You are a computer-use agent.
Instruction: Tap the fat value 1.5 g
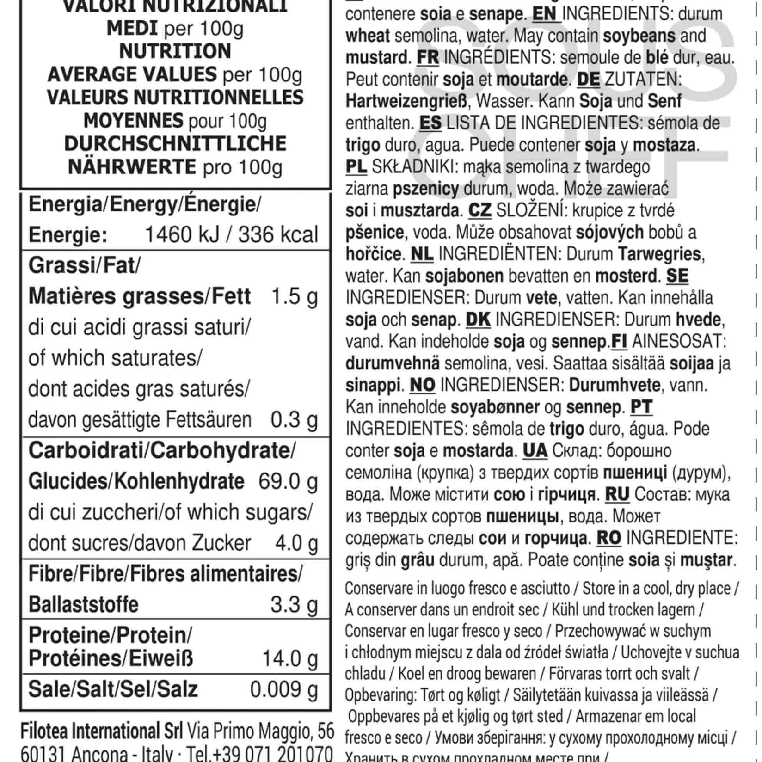[294, 296]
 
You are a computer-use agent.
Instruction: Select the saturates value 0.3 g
[294, 420]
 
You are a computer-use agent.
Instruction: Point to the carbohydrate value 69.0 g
[288, 481]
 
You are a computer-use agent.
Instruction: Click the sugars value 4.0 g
[296, 543]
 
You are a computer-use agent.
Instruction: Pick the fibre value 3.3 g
[294, 604]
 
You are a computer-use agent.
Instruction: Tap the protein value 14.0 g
[290, 658]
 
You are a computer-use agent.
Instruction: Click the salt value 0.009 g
[284, 689]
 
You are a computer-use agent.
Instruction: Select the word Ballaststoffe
[83, 604]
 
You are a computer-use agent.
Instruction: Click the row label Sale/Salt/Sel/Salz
[113, 689]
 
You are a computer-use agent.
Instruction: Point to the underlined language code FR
[428, 58]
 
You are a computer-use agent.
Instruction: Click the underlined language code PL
[356, 167]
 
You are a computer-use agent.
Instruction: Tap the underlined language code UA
[535, 450]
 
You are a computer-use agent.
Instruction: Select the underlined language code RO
[608, 538]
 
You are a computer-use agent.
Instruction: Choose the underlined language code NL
[422, 254]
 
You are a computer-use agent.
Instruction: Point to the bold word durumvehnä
[393, 363]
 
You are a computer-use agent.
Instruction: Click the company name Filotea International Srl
[101, 731]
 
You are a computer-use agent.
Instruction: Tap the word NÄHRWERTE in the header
[132, 167]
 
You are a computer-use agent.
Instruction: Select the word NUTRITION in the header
[175, 51]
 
